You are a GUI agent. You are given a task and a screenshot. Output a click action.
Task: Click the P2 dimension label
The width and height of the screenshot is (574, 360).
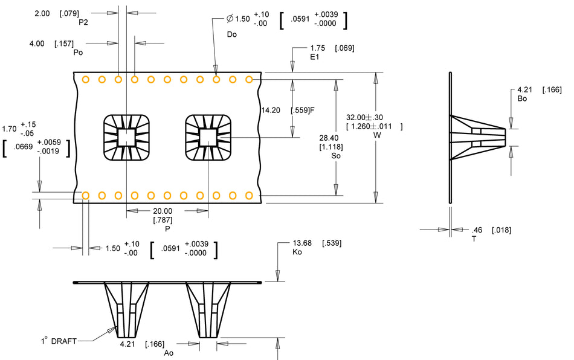pos(83,22)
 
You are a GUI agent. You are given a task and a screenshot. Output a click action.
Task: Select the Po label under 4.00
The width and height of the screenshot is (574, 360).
pos(78,52)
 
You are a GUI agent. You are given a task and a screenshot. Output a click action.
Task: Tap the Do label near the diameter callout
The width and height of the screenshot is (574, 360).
pos(232,34)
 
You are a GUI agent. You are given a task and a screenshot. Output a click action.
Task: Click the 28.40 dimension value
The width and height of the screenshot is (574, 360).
pos(329,138)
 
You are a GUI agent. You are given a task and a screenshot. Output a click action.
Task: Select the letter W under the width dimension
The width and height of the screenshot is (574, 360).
pos(378,135)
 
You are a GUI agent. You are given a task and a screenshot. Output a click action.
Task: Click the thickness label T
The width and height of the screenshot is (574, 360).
pos(474,239)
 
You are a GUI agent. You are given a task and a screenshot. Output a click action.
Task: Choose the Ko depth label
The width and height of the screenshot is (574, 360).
pos(297,252)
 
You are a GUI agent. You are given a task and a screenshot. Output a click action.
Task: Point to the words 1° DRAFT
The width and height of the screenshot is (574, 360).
pos(59,341)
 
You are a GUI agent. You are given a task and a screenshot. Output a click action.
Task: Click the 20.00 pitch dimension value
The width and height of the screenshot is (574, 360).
pos(163,211)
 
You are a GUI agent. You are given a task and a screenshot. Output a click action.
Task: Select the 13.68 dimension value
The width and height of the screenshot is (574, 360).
pos(302,243)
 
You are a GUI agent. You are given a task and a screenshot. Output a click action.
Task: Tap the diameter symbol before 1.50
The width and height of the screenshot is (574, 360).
pos(229,19)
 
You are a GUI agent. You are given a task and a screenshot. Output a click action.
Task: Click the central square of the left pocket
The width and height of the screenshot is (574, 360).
pos(126,138)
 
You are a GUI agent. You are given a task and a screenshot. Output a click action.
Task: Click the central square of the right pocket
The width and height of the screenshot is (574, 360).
pos(207,137)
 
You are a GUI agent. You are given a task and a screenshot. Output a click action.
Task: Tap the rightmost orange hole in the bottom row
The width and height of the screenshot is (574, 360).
pos(248,195)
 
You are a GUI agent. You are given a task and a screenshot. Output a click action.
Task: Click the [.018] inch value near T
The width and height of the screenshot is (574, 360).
pos(501,230)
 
